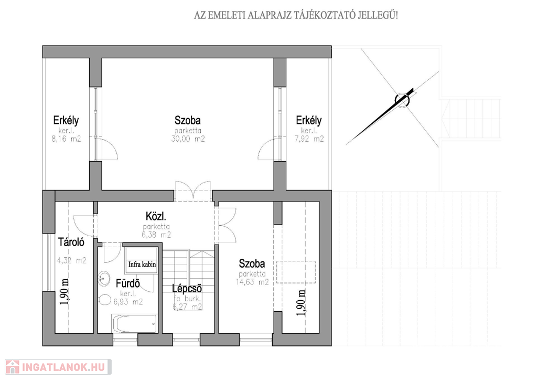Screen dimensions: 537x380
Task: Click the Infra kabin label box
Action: [142, 264]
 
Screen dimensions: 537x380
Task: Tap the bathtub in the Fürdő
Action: [135, 324]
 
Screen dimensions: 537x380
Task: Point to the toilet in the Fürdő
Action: [104, 300]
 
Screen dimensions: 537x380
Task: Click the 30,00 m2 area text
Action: [188, 139]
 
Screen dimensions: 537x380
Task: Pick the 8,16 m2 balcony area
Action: [66, 139]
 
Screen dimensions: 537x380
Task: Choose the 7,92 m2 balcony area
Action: [309, 139]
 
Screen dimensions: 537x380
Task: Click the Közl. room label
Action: [156, 216]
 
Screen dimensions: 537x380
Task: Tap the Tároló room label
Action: [71, 242]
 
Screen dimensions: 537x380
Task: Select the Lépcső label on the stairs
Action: [187, 288]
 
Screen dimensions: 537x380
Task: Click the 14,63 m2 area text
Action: [252, 282]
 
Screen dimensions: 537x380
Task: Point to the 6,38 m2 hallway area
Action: [156, 235]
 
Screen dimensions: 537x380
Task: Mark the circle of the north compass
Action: [402, 100]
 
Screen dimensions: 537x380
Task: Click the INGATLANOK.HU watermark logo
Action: [58, 367]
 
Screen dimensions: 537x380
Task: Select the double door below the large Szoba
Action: [193, 191]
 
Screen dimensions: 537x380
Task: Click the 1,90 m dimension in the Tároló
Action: [66, 292]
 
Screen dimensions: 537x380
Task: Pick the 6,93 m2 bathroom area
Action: [128, 302]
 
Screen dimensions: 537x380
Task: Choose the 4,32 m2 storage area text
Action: [71, 260]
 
